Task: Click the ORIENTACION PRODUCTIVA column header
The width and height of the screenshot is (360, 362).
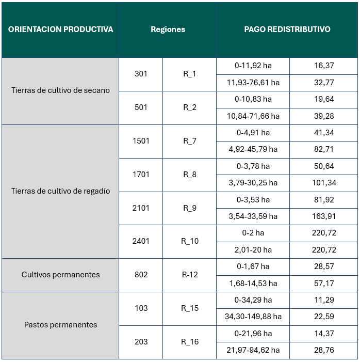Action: pos(60,29)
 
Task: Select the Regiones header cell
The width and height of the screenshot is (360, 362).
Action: pos(168,29)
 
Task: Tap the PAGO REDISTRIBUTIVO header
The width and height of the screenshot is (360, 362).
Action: pos(287,29)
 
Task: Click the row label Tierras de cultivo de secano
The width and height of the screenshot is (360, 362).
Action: pos(60,90)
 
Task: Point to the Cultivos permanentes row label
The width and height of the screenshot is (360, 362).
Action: pos(60,275)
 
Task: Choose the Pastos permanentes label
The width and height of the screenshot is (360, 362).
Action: pos(60,325)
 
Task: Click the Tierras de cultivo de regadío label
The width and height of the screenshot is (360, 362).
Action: pos(60,191)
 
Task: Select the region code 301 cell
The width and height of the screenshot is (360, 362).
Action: pos(141,74)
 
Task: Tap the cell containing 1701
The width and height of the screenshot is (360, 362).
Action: pos(141,175)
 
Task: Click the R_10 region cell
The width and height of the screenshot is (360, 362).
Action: pos(189,241)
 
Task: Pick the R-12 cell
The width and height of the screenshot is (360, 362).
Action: pos(189,275)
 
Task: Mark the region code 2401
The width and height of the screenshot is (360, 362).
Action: pos(141,241)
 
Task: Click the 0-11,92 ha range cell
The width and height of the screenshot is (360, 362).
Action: pos(253,66)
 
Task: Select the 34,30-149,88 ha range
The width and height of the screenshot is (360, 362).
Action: pos(253,317)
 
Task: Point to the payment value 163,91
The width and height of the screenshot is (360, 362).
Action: pos(324,216)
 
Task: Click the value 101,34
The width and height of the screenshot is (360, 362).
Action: pos(324,183)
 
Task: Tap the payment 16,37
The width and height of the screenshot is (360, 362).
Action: pos(324,66)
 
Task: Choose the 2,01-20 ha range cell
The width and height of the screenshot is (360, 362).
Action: pos(253,250)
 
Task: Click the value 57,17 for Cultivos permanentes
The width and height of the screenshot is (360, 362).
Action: pos(324,284)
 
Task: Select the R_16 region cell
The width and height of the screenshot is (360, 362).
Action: pos(189,342)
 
